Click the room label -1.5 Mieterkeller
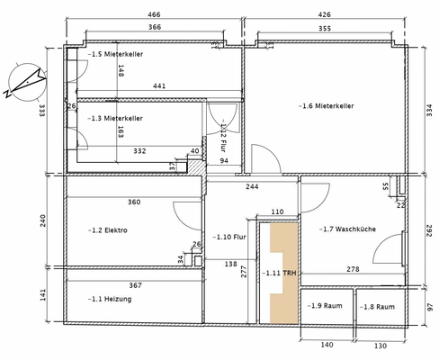click(115, 55)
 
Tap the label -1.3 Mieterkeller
click(115, 118)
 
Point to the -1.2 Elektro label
click(108, 230)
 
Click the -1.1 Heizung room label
click(111, 299)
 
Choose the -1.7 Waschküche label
click(349, 229)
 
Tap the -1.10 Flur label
click(230, 238)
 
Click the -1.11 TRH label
click(279, 272)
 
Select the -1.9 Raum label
click(323, 307)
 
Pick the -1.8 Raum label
click(378, 307)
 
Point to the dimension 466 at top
click(154, 15)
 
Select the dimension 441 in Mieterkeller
click(159, 86)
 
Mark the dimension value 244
click(253, 187)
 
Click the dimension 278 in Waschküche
click(354, 269)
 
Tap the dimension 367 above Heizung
click(135, 284)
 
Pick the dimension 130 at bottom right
click(381, 346)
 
